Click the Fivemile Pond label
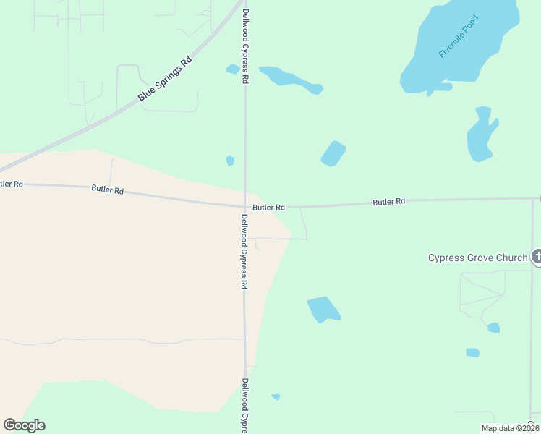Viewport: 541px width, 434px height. pos(458,46)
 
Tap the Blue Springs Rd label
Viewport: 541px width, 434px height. pos(165,79)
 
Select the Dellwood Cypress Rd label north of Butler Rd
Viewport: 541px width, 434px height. pos(246,47)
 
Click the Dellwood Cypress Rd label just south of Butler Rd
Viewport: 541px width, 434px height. pos(244,252)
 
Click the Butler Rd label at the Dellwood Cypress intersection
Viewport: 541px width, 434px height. pos(268,208)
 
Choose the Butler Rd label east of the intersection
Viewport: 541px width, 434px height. pos(389,202)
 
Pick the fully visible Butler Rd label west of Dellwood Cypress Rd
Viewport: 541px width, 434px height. pos(108,190)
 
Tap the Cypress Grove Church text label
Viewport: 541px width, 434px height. pos(477,258)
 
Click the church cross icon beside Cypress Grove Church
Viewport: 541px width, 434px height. pos(537,256)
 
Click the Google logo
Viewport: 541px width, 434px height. pos(24,425)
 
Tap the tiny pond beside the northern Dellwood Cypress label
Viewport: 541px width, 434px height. pos(232,69)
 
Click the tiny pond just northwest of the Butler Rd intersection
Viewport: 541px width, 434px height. pos(230,161)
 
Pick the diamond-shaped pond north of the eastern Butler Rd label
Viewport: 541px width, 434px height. pos(333,153)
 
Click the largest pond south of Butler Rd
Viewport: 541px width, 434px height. pos(323,309)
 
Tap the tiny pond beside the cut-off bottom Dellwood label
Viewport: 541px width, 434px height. pos(276,396)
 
